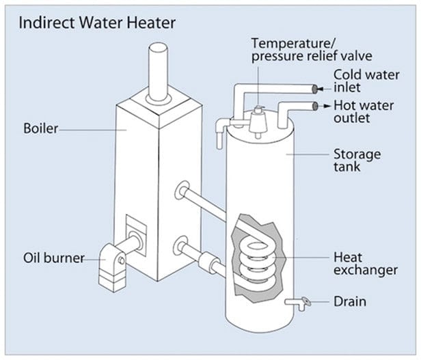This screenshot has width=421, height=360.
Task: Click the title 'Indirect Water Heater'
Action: click(x=96, y=23)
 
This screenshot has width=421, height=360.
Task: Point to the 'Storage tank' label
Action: click(x=356, y=159)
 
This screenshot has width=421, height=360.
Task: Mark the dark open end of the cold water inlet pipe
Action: click(x=314, y=88)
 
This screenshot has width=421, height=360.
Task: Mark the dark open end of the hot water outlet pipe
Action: click(x=314, y=106)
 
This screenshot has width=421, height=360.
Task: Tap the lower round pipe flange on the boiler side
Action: click(x=182, y=245)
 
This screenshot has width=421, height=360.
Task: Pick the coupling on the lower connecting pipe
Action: click(x=206, y=260)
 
